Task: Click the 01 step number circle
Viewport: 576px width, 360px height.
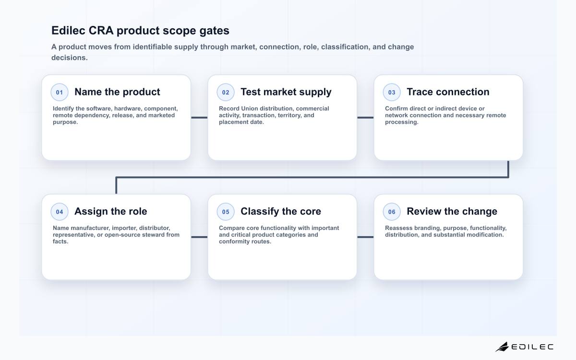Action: pyautogui.click(x=60, y=92)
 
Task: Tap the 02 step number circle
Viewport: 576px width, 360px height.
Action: pyautogui.click(x=226, y=92)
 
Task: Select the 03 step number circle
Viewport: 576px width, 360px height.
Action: pyautogui.click(x=392, y=92)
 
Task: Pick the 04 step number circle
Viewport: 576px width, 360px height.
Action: pyautogui.click(x=60, y=212)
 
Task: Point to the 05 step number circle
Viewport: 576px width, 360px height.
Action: pyautogui.click(x=226, y=212)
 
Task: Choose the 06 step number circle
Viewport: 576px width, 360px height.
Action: pyautogui.click(x=392, y=212)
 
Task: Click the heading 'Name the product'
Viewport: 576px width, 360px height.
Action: pyautogui.click(x=117, y=92)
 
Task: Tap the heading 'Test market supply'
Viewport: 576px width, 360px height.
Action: pyautogui.click(x=286, y=92)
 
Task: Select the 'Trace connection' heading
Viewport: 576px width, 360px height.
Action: pyautogui.click(x=448, y=92)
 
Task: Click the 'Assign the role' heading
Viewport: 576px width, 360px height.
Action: pyautogui.click(x=110, y=211)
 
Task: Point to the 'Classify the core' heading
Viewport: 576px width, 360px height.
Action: pyautogui.click(x=281, y=211)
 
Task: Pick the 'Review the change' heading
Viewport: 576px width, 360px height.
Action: pyautogui.click(x=452, y=211)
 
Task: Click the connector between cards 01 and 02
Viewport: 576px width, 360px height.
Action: pyautogui.click(x=199, y=118)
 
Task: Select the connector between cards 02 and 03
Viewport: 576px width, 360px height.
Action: pyautogui.click(x=365, y=118)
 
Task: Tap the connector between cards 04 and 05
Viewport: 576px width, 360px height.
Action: pyautogui.click(x=199, y=237)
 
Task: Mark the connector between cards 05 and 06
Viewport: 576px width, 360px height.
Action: pyautogui.click(x=365, y=237)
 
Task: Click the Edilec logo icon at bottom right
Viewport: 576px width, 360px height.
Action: pyautogui.click(x=502, y=347)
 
